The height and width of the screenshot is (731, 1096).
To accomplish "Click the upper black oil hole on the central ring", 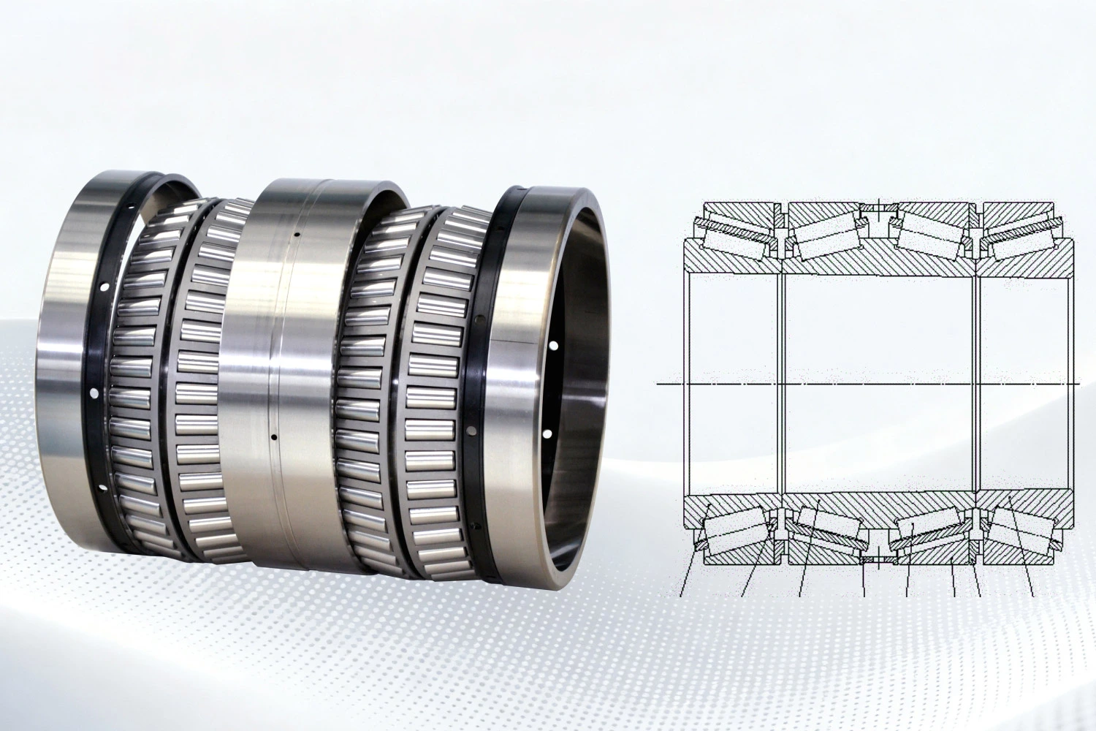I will [x=297, y=235].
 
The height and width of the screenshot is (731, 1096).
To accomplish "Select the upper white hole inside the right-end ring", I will [x=554, y=345].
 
